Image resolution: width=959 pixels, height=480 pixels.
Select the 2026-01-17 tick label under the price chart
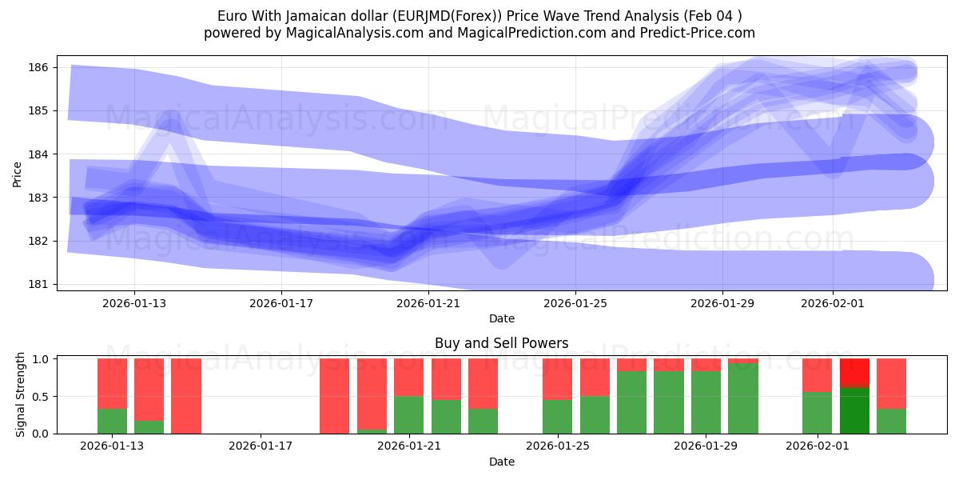pos(281,303)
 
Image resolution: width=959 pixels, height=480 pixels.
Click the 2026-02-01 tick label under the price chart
pos(833,303)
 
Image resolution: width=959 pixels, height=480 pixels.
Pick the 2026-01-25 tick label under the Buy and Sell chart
pos(558,446)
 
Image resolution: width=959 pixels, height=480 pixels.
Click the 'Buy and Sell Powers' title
pos(501,343)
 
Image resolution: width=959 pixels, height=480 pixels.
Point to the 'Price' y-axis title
pos(18,173)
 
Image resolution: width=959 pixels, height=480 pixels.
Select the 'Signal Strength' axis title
pos(21,395)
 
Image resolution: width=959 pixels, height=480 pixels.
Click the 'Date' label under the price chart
pos(501,318)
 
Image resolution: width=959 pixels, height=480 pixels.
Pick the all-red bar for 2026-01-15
pos(186,396)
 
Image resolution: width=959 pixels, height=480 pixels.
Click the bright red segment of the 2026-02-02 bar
pos(854,373)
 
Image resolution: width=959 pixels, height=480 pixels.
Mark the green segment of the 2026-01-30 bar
pos(743,398)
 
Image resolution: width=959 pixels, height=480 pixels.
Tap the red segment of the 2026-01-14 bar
pos(149,389)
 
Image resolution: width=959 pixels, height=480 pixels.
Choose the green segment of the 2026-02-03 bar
pos(892,421)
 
